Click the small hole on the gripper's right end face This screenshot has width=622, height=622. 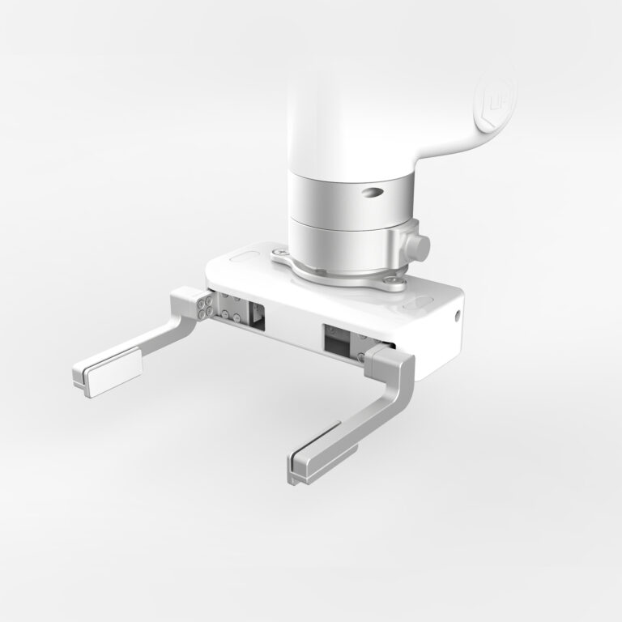pos(458,314)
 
